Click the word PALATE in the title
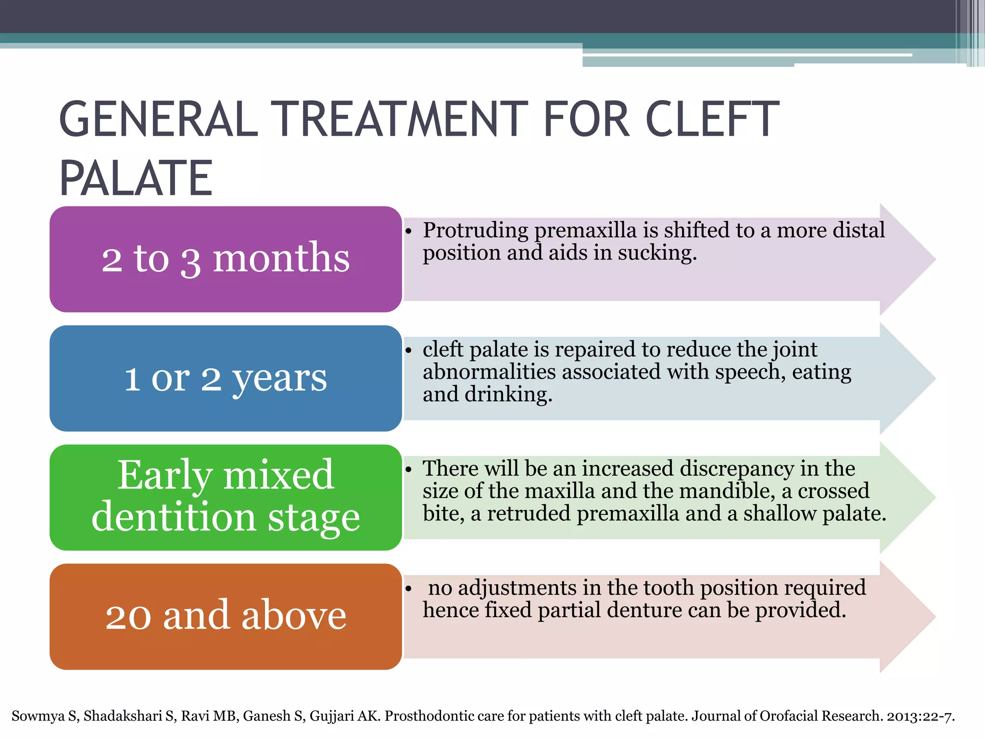136,178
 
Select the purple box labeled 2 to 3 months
226,259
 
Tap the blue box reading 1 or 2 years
226,378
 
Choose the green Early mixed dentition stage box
226,497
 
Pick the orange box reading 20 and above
226,616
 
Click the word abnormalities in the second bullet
489,372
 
